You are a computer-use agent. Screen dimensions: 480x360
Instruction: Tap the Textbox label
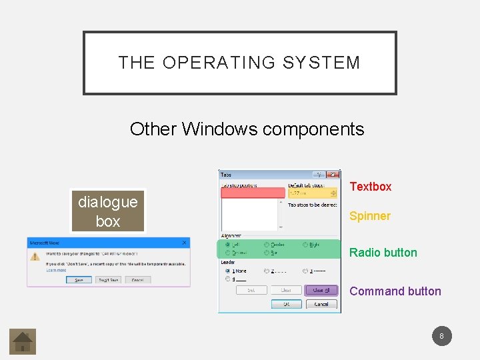(371, 187)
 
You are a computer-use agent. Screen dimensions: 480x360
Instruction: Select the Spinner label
(370, 216)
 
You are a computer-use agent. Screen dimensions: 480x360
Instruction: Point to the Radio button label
(383, 253)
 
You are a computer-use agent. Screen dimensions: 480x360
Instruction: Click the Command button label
(395, 291)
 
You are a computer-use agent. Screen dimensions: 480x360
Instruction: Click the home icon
(23, 341)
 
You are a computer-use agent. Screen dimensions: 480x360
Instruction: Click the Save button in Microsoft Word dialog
(79, 280)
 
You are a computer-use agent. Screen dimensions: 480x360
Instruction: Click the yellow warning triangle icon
(35, 255)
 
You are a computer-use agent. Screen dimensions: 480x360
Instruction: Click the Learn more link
(56, 269)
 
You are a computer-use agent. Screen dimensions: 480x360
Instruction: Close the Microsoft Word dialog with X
(185, 243)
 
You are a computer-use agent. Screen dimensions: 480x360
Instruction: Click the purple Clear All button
(321, 290)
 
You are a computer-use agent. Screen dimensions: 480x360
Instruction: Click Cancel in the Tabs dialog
(321, 304)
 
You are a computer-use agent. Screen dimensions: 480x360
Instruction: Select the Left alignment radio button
(229, 245)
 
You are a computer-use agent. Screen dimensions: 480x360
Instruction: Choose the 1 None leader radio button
(229, 271)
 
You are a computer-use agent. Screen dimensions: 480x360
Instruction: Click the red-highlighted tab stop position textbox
(250, 193)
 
